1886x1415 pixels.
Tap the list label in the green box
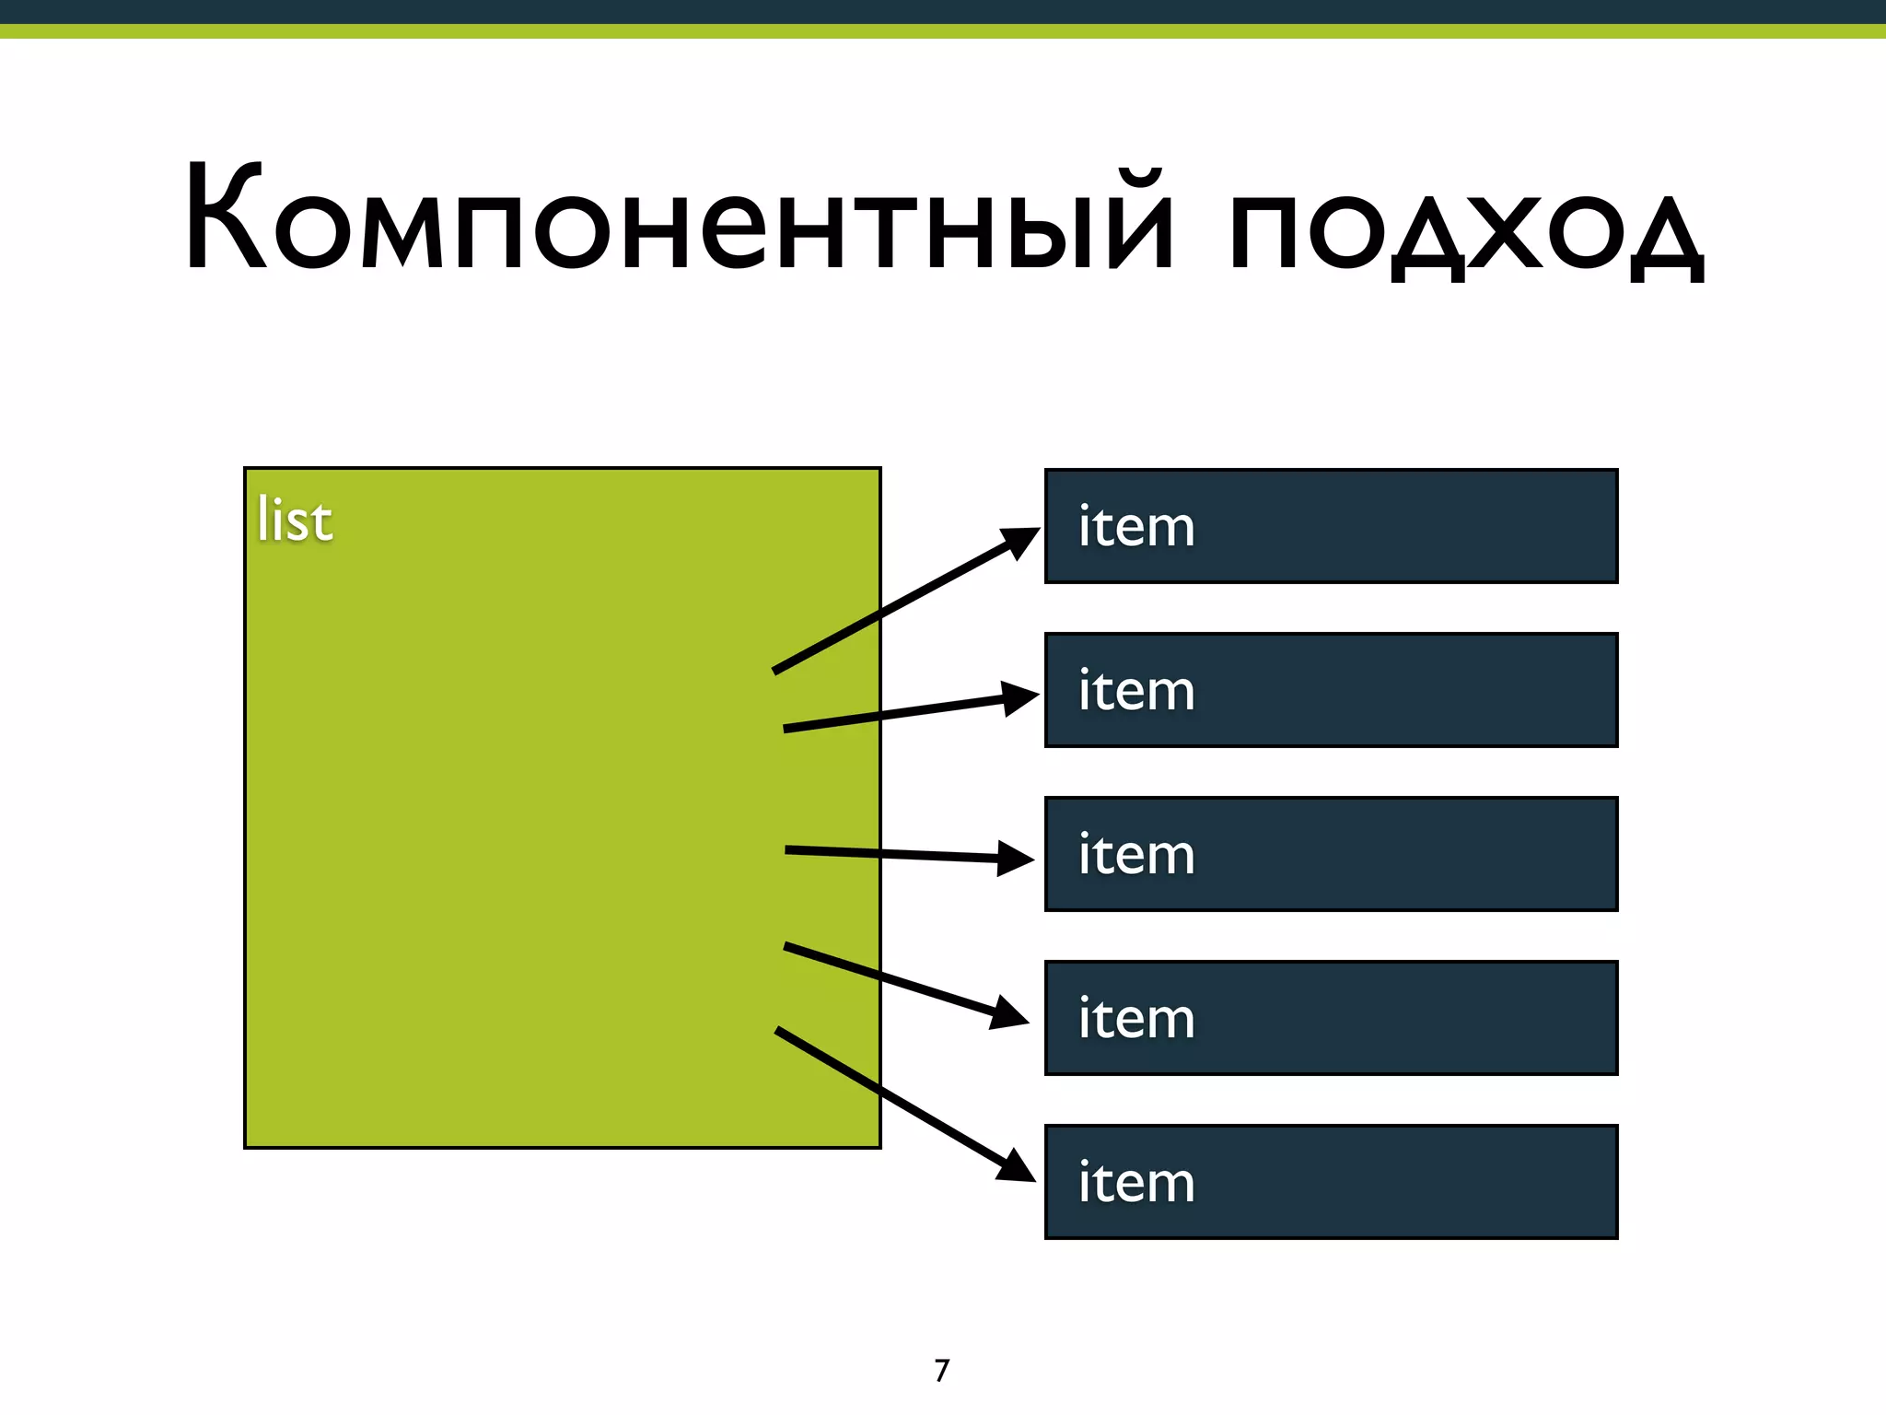coord(294,520)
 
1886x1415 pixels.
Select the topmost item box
coord(1331,526)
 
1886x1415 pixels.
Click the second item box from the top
coord(1331,690)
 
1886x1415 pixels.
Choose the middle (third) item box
coord(1331,854)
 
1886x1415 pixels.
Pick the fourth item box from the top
coord(1331,1018)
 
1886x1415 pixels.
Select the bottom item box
coord(1331,1182)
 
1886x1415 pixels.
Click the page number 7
coord(941,1371)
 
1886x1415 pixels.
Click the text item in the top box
coord(1136,527)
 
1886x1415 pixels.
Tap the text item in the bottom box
coord(1136,1183)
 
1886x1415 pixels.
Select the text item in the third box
coord(1136,855)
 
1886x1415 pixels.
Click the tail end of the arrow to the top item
coord(776,671)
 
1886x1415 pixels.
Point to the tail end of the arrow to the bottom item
coord(779,1031)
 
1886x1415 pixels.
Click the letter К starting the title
coord(225,218)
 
